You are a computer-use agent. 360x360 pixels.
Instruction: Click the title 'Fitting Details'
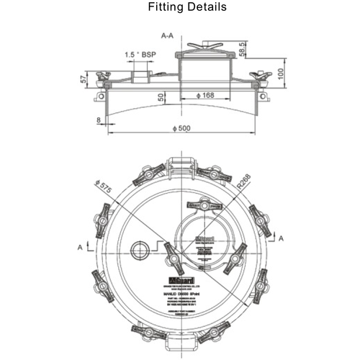point(187,8)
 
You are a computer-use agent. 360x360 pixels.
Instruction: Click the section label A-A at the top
point(171,35)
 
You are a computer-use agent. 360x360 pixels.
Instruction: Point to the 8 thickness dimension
point(97,120)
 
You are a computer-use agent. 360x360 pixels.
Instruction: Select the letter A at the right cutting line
point(280,237)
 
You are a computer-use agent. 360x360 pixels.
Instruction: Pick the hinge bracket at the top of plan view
point(180,163)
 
